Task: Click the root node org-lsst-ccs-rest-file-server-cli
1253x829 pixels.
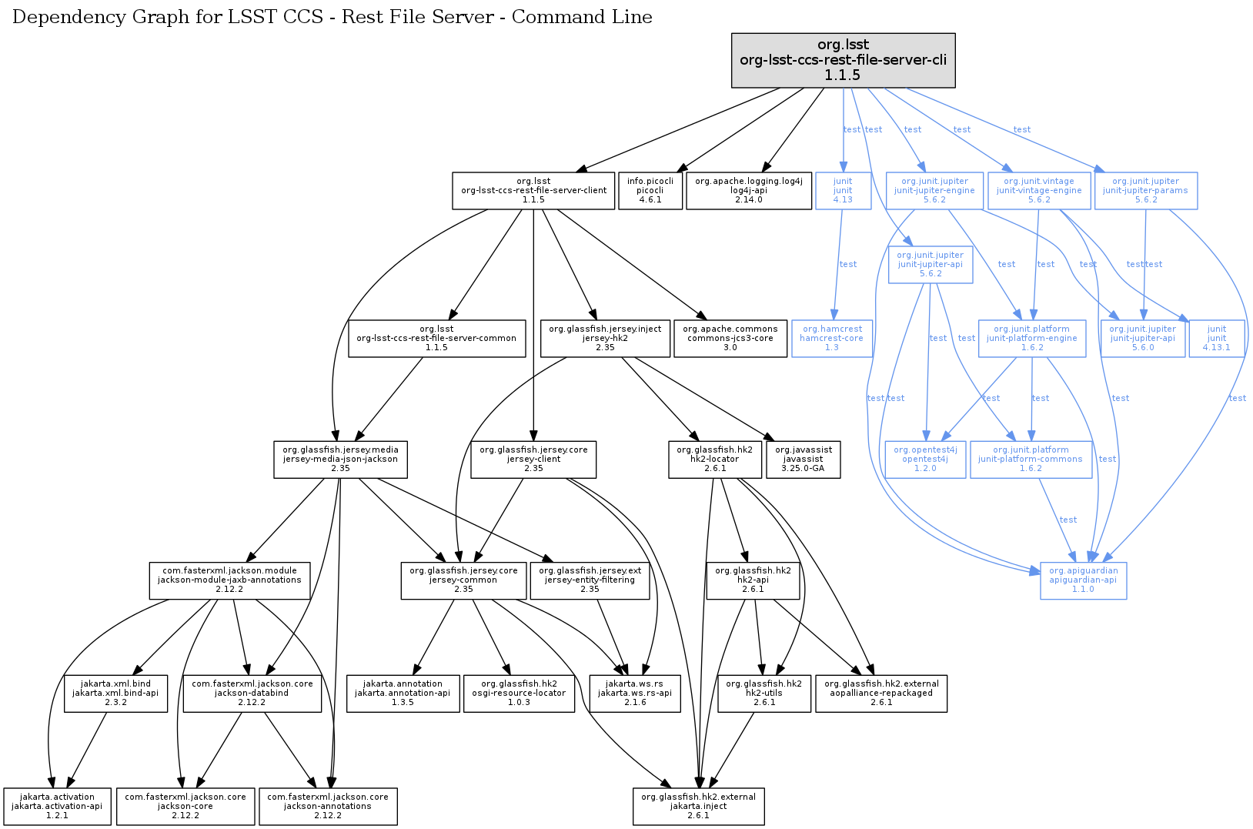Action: (x=843, y=60)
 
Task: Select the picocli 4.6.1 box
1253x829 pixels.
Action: (x=650, y=190)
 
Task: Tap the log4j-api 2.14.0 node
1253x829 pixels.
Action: (x=748, y=190)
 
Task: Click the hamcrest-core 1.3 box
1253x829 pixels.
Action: (x=831, y=338)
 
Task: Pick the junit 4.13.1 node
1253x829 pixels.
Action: (x=1217, y=338)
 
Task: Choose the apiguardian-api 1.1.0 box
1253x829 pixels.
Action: (x=1083, y=580)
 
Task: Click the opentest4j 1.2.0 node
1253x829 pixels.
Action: (x=925, y=459)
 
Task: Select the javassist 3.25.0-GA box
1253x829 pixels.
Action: (x=803, y=459)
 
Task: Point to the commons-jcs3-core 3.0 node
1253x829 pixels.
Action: (x=730, y=338)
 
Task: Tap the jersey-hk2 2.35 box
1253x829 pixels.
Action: (x=605, y=338)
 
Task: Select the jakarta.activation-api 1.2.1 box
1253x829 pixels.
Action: (x=57, y=806)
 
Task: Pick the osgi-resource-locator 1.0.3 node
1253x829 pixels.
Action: (x=519, y=693)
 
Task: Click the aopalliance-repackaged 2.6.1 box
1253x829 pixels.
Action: (x=881, y=693)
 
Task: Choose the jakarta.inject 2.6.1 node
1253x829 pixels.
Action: (x=698, y=806)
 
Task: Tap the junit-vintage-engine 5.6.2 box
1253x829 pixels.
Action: (x=1039, y=190)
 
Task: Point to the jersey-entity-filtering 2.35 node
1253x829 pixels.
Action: (x=590, y=580)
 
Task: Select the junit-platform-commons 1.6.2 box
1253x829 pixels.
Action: (x=1031, y=459)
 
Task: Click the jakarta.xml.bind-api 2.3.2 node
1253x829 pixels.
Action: (x=115, y=693)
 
